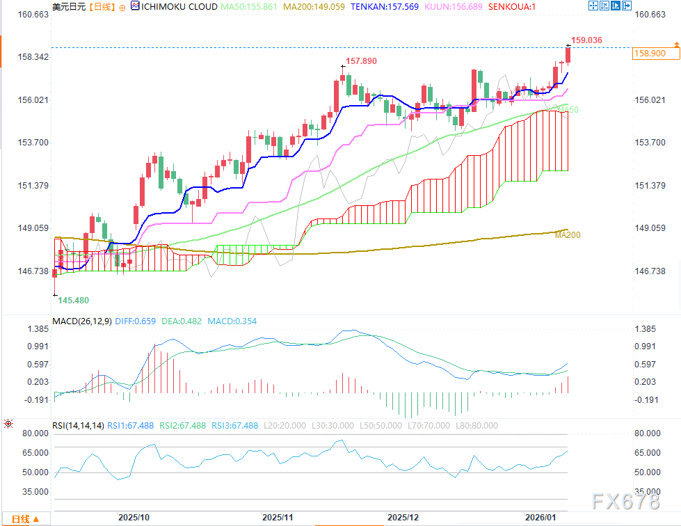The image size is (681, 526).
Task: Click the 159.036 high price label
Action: [x=586, y=40]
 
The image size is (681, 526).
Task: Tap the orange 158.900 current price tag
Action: [x=648, y=53]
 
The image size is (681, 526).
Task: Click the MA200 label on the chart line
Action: [x=568, y=235]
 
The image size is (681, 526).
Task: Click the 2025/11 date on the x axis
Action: [x=278, y=518]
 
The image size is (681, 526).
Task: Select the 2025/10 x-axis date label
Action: [x=134, y=518]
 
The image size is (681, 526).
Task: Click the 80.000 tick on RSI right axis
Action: [x=646, y=433]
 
